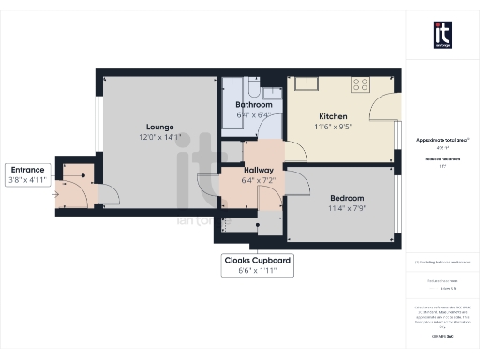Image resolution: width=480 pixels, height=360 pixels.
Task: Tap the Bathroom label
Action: click(x=254, y=105)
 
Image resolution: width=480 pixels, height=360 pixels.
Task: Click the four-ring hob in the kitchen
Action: click(x=360, y=84)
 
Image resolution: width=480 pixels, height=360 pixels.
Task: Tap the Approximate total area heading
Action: click(x=443, y=140)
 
